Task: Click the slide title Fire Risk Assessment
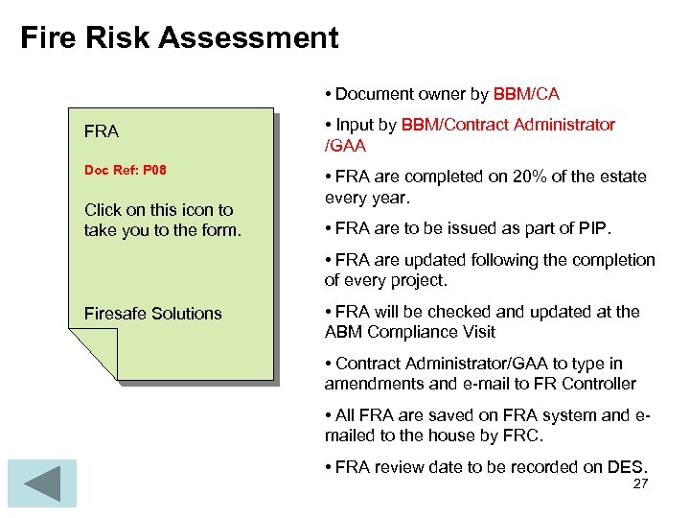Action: click(x=179, y=37)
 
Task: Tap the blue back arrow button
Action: click(x=41, y=483)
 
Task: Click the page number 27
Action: click(x=640, y=483)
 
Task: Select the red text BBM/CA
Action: click(x=526, y=94)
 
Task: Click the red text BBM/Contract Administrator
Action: click(x=508, y=125)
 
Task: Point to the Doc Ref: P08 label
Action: click(x=126, y=170)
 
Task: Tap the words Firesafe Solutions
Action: click(x=152, y=314)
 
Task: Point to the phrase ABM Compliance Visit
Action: click(x=410, y=332)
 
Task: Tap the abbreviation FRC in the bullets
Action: click(x=524, y=436)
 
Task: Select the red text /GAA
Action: click(x=345, y=146)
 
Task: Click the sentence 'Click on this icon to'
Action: click(x=159, y=209)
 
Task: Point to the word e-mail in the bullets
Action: click(x=472, y=384)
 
